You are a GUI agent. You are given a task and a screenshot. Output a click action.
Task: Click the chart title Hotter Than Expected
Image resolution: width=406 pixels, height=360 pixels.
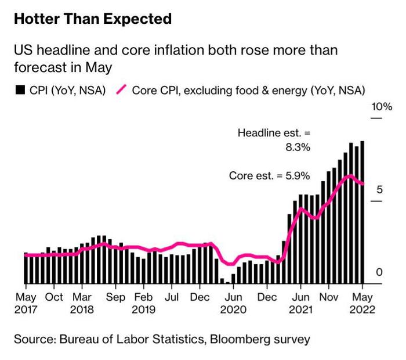pos(93,19)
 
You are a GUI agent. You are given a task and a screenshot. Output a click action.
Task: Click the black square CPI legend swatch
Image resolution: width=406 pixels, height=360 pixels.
pos(19,91)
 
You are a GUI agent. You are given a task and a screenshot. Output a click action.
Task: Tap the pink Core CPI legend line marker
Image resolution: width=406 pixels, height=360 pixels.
pos(122,91)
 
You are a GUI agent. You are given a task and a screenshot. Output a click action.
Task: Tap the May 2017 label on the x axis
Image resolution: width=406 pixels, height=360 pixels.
pos(26,302)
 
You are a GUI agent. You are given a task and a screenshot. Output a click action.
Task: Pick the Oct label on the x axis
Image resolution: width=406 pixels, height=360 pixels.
pos(54,296)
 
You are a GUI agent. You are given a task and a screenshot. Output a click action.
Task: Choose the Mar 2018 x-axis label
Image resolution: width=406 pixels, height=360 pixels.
pos(82,302)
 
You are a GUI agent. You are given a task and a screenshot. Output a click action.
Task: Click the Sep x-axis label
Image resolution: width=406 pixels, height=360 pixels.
pos(115,296)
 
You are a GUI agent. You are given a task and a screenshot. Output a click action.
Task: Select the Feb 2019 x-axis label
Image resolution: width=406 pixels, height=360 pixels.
pos(143,302)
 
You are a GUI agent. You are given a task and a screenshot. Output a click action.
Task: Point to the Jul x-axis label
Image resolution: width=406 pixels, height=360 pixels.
pos(172,296)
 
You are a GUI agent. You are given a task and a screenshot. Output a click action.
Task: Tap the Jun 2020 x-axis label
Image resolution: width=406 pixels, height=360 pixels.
pos(233,302)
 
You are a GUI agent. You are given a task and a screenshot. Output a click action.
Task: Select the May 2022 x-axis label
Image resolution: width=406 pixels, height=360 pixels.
pos(362,302)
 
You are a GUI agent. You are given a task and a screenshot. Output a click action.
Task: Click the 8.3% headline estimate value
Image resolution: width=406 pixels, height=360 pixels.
pos(298,147)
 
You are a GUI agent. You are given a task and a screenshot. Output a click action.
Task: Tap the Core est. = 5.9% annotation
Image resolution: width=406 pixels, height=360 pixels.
pos(270,175)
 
